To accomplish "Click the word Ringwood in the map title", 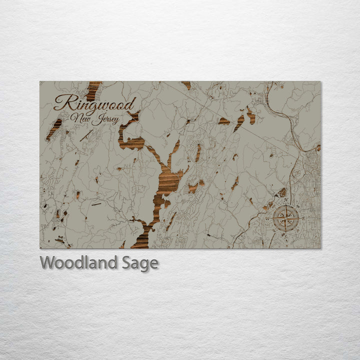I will [x=95, y=104].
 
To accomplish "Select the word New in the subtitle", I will [x=80, y=118].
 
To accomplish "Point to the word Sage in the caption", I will [x=140, y=263].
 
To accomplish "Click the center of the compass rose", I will [x=286, y=218].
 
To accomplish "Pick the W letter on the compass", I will [x=270, y=218].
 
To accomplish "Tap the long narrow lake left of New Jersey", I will [x=54, y=129].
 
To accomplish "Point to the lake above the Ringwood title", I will [x=93, y=90].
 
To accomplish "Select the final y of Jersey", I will [x=117, y=121].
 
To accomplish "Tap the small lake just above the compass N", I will [x=282, y=192].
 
